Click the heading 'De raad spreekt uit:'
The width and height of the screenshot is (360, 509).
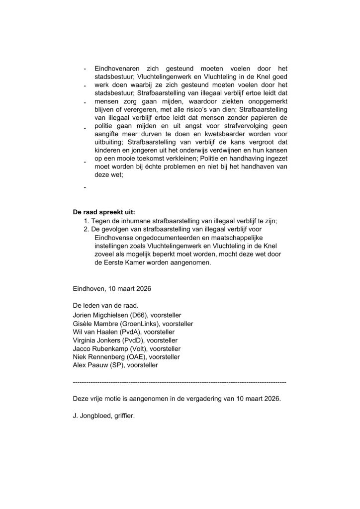[103, 212]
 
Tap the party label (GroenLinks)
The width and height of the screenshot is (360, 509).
[140, 324]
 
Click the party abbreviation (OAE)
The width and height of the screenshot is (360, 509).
[133, 357]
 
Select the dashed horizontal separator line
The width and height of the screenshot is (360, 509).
[180, 382]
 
